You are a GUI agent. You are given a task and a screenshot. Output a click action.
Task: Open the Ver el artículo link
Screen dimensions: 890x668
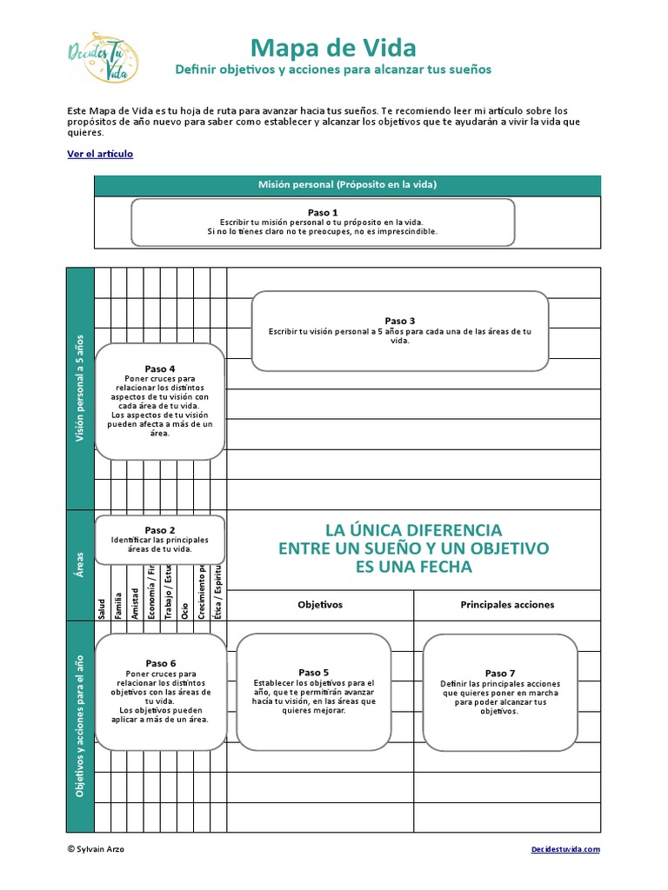tap(100, 154)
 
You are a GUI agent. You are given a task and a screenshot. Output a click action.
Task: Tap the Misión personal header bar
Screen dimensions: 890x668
tap(346, 185)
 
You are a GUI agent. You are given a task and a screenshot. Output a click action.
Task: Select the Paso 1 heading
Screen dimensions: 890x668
tap(323, 212)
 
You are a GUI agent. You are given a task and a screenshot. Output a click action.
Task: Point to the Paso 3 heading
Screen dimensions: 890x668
tap(400, 321)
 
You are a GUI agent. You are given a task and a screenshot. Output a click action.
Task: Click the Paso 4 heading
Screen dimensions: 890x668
tap(160, 369)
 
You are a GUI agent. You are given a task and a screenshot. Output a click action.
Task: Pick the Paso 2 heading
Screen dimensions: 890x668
tap(160, 530)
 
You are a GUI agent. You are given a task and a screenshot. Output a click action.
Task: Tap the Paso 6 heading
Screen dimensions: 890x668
tap(160, 663)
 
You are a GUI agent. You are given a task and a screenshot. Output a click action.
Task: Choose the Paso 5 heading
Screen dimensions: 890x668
tap(313, 672)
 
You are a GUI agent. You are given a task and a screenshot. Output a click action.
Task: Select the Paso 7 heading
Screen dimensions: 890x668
tap(500, 674)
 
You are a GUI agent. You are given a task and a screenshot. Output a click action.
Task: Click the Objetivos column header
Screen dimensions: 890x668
tap(320, 605)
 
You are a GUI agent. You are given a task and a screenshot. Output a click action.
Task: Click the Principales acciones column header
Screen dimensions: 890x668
tap(507, 605)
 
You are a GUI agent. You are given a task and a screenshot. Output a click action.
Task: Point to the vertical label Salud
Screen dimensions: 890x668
tap(103, 608)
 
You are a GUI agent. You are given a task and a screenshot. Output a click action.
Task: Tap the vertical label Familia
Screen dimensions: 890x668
tap(118, 604)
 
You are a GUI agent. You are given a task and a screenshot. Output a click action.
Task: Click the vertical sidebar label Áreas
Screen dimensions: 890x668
tap(80, 564)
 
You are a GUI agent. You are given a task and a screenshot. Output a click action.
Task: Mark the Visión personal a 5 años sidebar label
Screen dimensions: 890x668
tap(80, 388)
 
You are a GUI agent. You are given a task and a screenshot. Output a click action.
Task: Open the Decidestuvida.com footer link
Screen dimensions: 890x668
tap(565, 849)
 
